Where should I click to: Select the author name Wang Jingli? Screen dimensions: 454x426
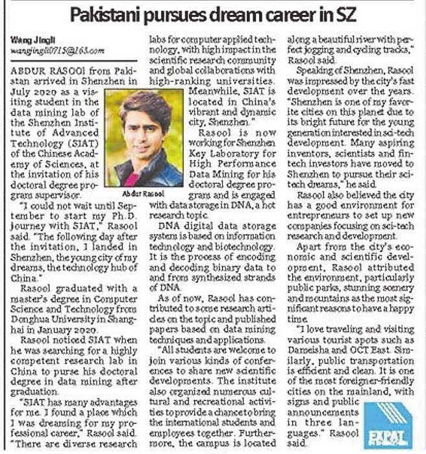(27, 41)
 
